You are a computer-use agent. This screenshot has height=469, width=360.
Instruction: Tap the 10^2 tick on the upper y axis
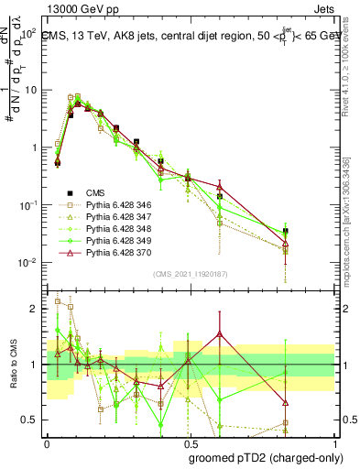click(27, 32)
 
